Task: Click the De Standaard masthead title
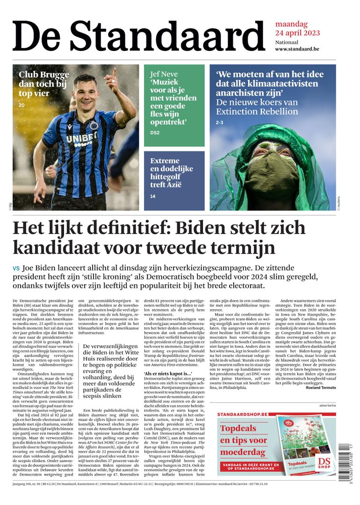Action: coord(138,37)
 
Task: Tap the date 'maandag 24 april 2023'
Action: coord(297,28)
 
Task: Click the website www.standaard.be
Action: coord(297,49)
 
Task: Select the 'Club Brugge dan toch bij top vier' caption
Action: coord(43,84)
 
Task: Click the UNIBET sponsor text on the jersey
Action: coord(80,139)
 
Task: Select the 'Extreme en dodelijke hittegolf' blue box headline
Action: coord(171,172)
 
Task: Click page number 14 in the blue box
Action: coord(153,196)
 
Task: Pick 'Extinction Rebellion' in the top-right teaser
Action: coord(257,112)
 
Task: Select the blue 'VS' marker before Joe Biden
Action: coord(16,269)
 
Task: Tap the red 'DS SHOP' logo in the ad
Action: coord(324,462)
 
